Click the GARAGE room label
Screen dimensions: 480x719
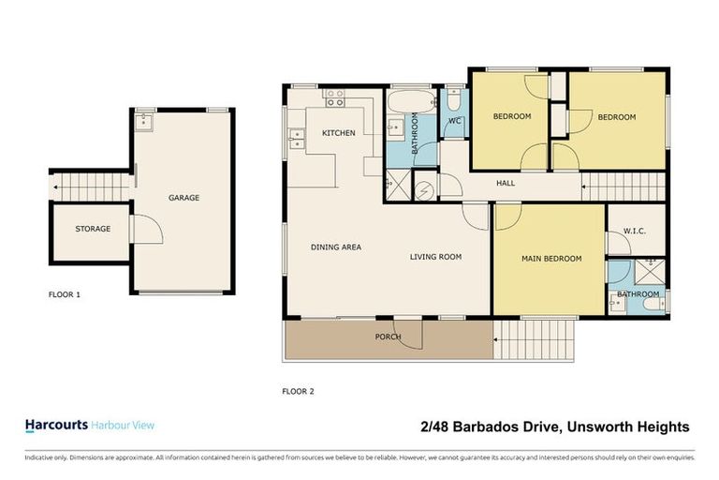point(183,198)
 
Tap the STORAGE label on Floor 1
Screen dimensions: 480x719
point(93,229)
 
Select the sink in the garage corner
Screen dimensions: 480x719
point(144,120)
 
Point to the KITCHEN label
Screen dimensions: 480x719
point(338,133)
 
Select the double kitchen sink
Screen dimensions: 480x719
point(298,140)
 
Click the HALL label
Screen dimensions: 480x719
point(506,184)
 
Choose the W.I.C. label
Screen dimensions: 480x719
point(634,231)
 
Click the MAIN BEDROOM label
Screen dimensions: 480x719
point(551,259)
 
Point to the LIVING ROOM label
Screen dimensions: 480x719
point(435,257)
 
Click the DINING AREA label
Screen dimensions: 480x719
point(336,247)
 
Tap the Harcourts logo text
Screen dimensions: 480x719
point(55,426)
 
